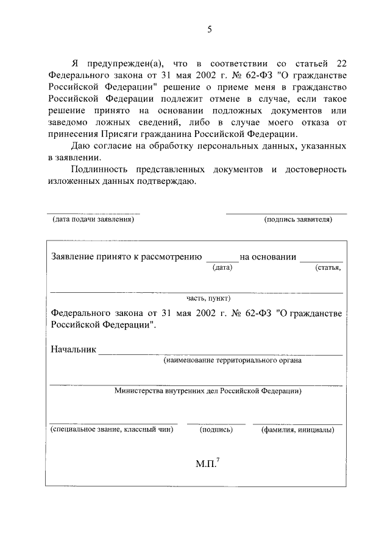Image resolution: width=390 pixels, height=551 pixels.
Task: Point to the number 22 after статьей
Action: [x=341, y=64]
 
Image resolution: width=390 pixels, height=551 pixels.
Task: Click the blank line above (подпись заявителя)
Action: [x=286, y=213]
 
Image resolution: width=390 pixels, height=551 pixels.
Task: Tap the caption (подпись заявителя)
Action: [x=298, y=220]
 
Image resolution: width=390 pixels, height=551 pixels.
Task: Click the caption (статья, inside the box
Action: [x=328, y=267]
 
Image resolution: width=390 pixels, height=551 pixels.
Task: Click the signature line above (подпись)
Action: [x=216, y=423]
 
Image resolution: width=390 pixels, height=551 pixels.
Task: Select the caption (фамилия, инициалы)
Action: [x=297, y=429]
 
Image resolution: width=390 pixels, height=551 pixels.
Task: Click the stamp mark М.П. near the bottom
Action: [x=207, y=464]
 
